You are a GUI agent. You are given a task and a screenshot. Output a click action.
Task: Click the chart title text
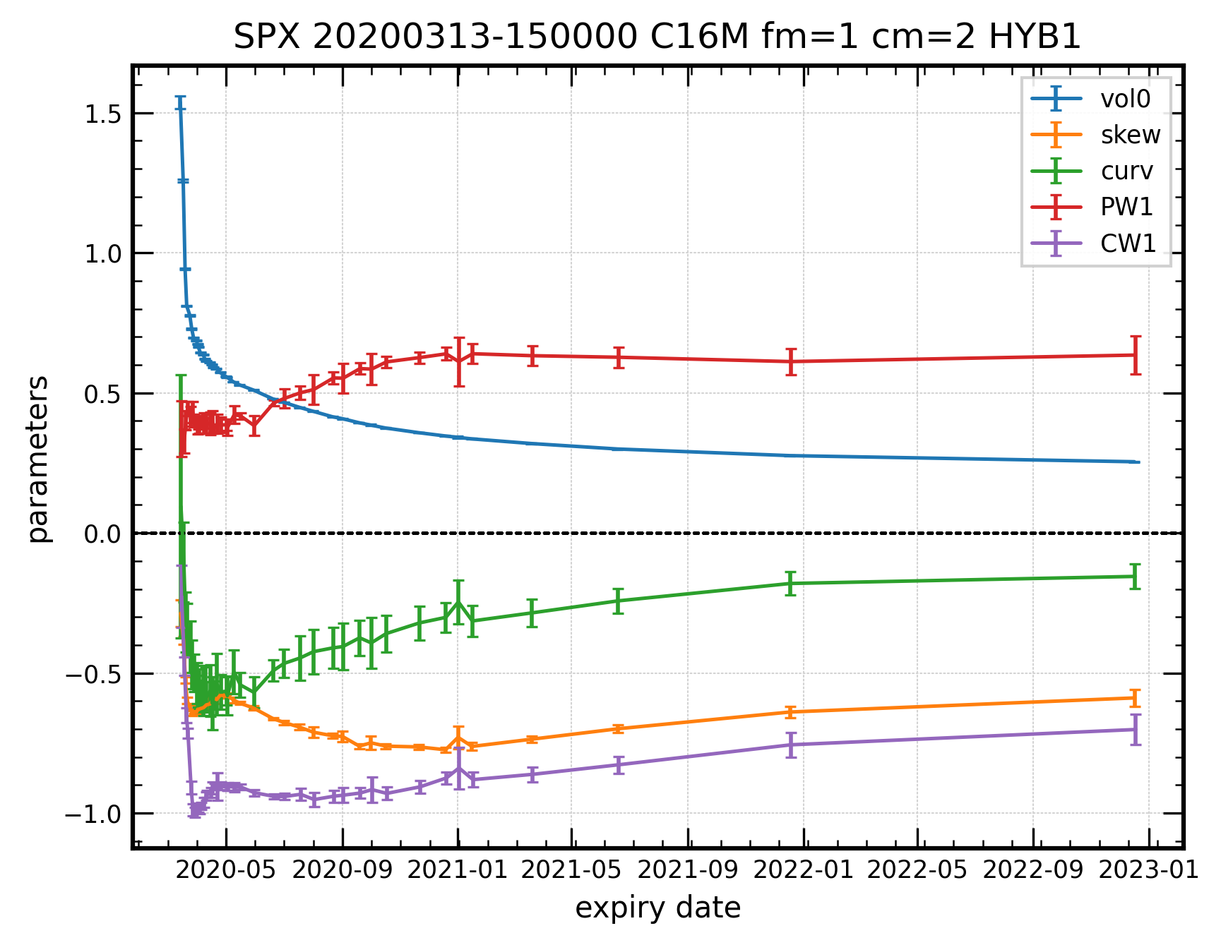point(657,37)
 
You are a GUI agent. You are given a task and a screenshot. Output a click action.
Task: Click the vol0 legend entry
point(1125,99)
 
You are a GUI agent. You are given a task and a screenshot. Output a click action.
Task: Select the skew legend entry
point(1130,135)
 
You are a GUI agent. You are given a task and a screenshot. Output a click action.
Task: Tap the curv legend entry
point(1126,171)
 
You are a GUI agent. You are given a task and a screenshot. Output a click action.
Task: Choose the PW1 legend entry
point(1126,207)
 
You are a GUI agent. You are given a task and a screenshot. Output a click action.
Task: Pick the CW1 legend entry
point(1128,243)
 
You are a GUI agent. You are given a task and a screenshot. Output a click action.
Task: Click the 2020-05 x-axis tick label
point(225,870)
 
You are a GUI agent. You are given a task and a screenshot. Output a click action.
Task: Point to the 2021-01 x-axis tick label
point(458,870)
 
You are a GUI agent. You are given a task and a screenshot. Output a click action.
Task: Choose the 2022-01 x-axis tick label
point(804,870)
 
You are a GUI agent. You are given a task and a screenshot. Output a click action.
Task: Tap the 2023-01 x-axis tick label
point(1149,870)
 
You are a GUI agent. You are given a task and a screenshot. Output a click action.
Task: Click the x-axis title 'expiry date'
point(657,908)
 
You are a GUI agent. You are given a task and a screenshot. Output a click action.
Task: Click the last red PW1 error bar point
point(1136,355)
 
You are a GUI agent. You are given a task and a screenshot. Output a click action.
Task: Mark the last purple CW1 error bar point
point(1136,729)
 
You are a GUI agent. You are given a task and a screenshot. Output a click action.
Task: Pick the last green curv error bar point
point(1136,577)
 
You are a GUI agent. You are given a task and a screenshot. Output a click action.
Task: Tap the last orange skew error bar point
point(1136,698)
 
